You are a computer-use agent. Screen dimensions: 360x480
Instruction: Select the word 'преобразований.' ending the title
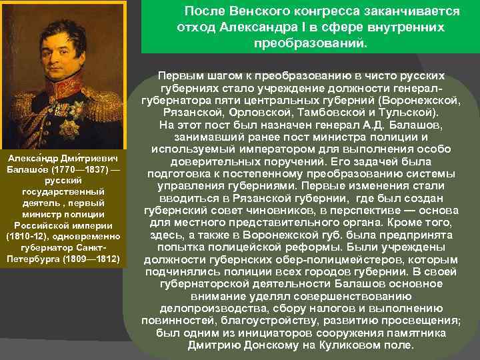click(x=310, y=43)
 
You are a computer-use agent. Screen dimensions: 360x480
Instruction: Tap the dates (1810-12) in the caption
click(x=26, y=237)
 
